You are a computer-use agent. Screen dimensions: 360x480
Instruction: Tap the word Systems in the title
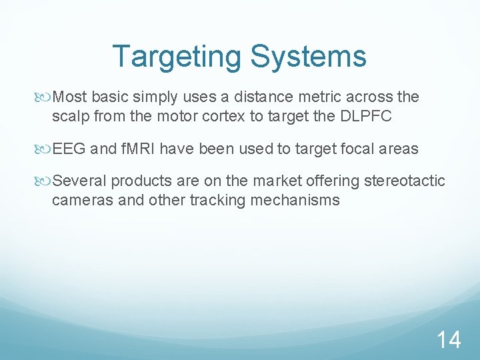(309, 57)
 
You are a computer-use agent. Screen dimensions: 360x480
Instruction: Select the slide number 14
(448, 340)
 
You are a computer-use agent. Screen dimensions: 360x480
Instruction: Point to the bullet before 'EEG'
(45, 149)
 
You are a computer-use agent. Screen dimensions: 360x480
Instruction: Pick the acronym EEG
(69, 149)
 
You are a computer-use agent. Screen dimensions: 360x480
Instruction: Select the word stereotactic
(404, 181)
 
